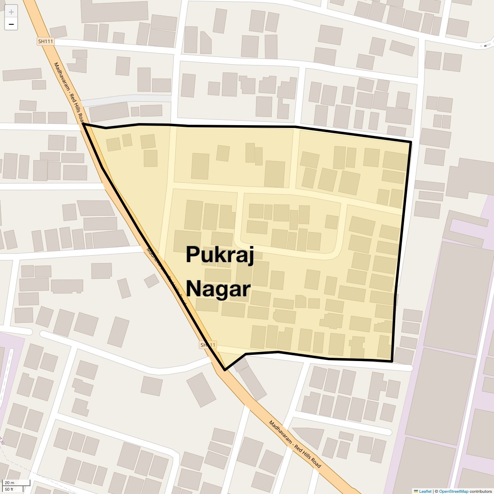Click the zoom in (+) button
(x=11, y=12)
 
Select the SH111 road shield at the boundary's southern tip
(x=208, y=345)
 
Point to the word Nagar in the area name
(x=218, y=289)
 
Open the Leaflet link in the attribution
(x=425, y=491)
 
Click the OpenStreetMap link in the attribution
(x=453, y=491)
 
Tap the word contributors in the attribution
(x=480, y=491)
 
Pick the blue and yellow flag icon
(x=416, y=491)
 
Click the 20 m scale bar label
(x=9, y=483)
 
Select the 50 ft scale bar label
(x=9, y=489)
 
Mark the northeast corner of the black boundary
(x=410, y=142)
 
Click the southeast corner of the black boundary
(x=391, y=361)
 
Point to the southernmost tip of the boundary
(x=225, y=370)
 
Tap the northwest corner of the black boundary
(x=84, y=123)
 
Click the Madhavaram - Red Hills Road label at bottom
(x=295, y=444)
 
